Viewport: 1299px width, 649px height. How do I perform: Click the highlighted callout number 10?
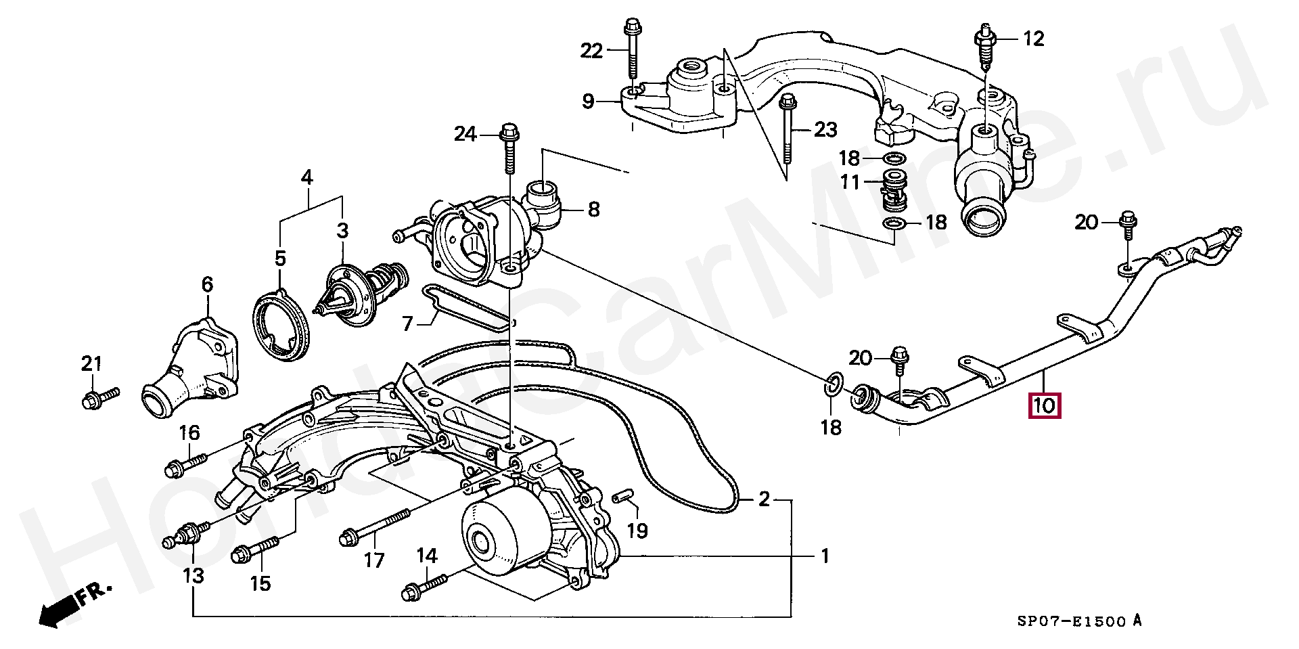pyautogui.click(x=1045, y=405)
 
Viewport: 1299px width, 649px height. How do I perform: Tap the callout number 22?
pyautogui.click(x=591, y=50)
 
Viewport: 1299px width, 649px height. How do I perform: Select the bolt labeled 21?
pyautogui.click(x=99, y=397)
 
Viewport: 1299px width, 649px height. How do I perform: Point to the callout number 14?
pyautogui.click(x=426, y=556)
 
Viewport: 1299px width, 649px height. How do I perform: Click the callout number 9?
pyautogui.click(x=588, y=102)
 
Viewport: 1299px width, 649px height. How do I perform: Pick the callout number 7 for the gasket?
pyautogui.click(x=407, y=324)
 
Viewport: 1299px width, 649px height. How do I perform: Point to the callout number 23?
pyautogui.click(x=825, y=129)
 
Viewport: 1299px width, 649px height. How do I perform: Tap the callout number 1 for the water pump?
pyautogui.click(x=825, y=556)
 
